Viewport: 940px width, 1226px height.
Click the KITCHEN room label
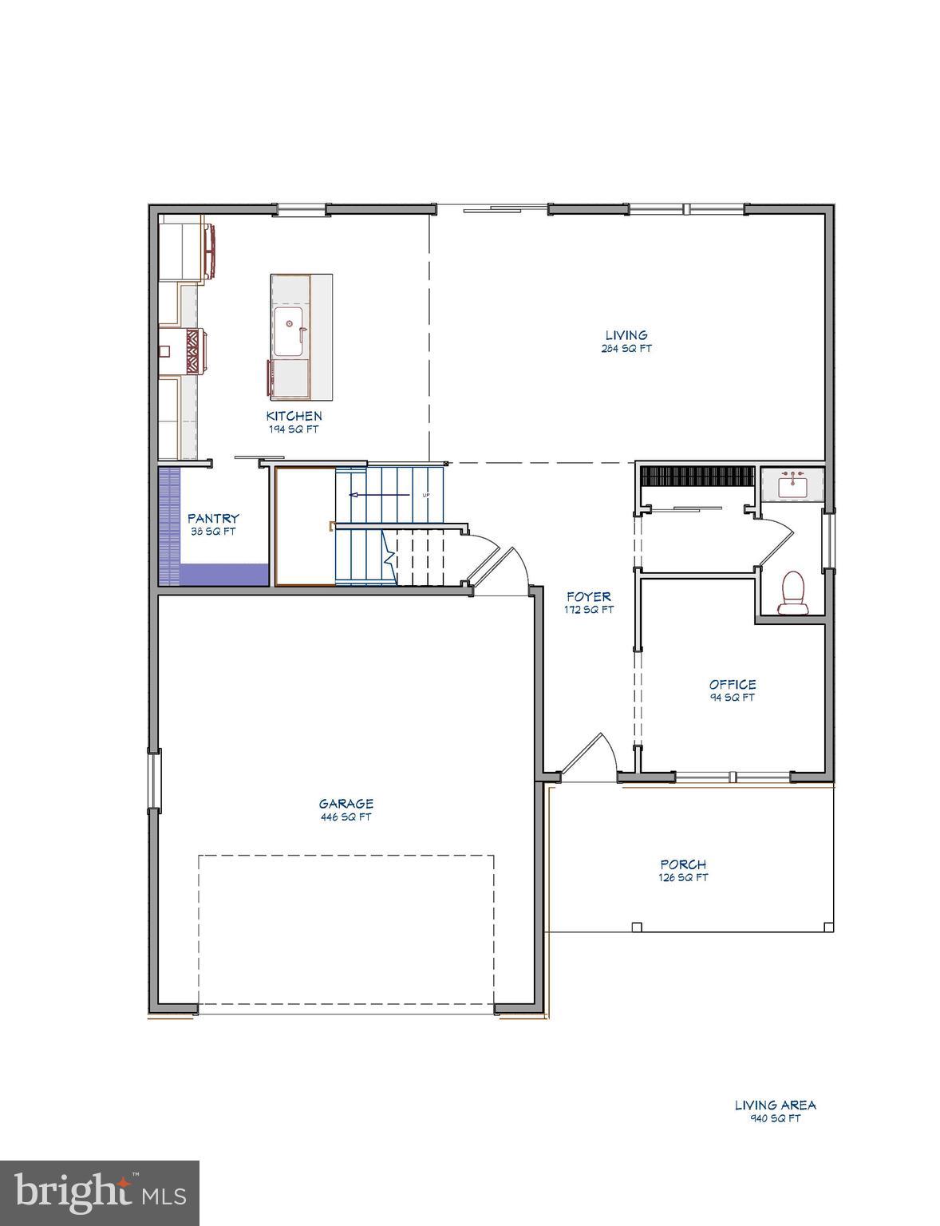(294, 416)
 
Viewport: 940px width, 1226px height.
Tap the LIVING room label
(626, 335)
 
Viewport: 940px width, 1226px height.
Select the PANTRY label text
(213, 519)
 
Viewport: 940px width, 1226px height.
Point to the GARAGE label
(346, 804)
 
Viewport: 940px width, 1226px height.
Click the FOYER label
(589, 596)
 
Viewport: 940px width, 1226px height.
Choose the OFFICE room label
(733, 684)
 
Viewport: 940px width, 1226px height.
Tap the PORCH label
(683, 864)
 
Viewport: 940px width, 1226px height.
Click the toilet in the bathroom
(792, 593)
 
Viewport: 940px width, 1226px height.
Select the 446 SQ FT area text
(346, 817)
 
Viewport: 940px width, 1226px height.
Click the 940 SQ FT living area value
(775, 1118)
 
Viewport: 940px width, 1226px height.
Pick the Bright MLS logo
(100, 1193)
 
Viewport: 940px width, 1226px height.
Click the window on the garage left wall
(153, 780)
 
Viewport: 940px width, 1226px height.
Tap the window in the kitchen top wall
(302, 210)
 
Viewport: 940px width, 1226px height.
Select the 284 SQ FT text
(626, 349)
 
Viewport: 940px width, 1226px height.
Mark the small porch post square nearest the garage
(636, 927)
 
